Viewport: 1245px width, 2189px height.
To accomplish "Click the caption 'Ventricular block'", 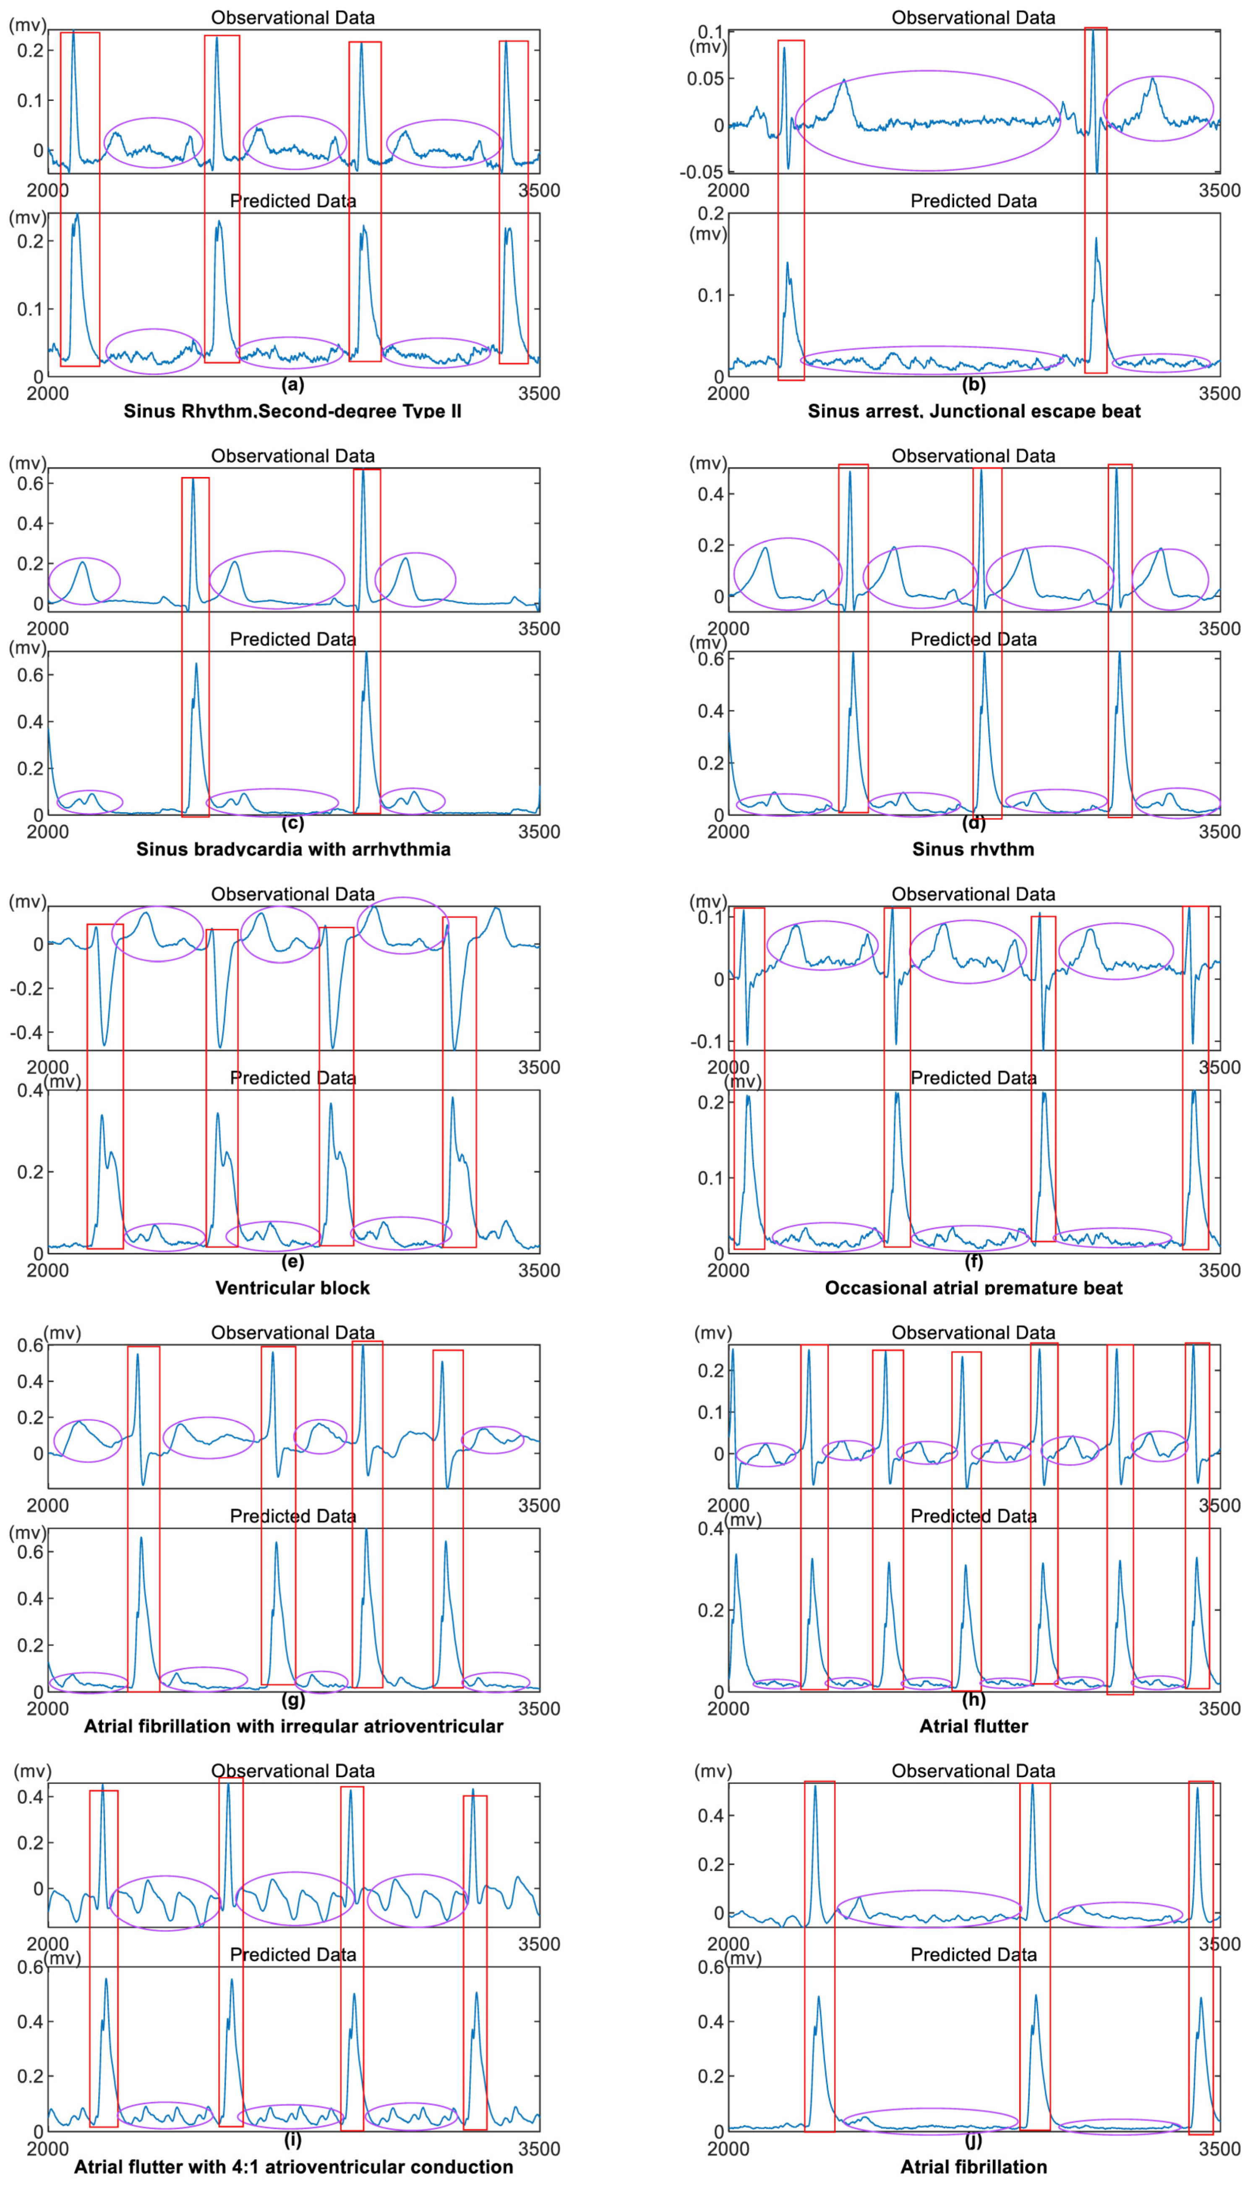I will tap(292, 1287).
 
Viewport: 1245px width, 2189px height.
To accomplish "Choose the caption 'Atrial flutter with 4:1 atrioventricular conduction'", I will tap(292, 2166).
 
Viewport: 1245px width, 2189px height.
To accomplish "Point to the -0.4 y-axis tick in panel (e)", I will tap(26, 1032).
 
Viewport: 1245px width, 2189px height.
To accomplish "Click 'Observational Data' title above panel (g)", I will tap(292, 1332).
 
